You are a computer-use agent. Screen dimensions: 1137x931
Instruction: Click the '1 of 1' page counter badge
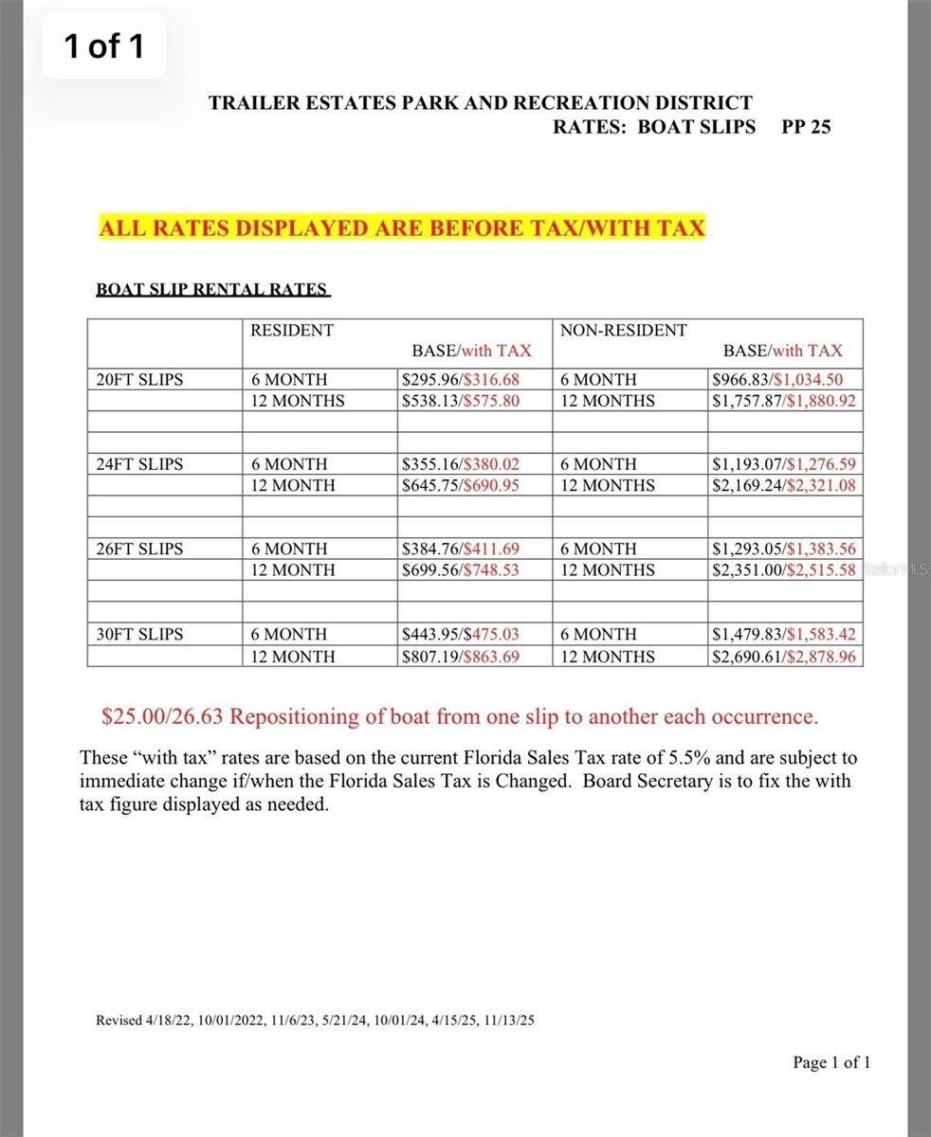(x=104, y=45)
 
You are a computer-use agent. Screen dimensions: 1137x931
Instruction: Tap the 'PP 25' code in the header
(x=806, y=127)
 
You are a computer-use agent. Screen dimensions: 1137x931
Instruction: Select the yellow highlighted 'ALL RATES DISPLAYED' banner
(x=402, y=228)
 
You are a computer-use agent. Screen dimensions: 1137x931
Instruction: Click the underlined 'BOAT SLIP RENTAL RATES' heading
(x=212, y=290)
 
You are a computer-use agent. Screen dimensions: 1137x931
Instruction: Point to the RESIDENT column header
(x=292, y=331)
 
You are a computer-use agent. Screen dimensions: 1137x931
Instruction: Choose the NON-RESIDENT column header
(x=623, y=331)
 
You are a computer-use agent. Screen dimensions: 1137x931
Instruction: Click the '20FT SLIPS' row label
(x=140, y=380)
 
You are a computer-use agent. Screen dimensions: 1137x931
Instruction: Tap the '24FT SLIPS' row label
(x=140, y=464)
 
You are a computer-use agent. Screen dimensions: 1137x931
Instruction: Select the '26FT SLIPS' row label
(x=140, y=549)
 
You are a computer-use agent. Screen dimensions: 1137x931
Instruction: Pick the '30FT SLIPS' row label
(x=140, y=634)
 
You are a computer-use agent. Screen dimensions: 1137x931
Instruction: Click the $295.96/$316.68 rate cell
(x=462, y=380)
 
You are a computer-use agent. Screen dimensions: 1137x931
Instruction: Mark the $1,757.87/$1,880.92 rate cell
(x=784, y=401)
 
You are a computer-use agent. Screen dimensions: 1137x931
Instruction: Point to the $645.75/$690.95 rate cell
(x=462, y=485)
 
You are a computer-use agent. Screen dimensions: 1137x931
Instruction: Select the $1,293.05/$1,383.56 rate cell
(x=784, y=549)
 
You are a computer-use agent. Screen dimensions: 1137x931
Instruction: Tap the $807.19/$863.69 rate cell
(x=462, y=656)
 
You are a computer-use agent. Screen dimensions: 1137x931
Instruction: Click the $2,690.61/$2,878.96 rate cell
(x=784, y=656)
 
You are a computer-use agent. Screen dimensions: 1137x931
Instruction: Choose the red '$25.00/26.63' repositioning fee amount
(x=162, y=716)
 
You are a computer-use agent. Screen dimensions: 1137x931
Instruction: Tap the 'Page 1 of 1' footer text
(x=831, y=1062)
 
